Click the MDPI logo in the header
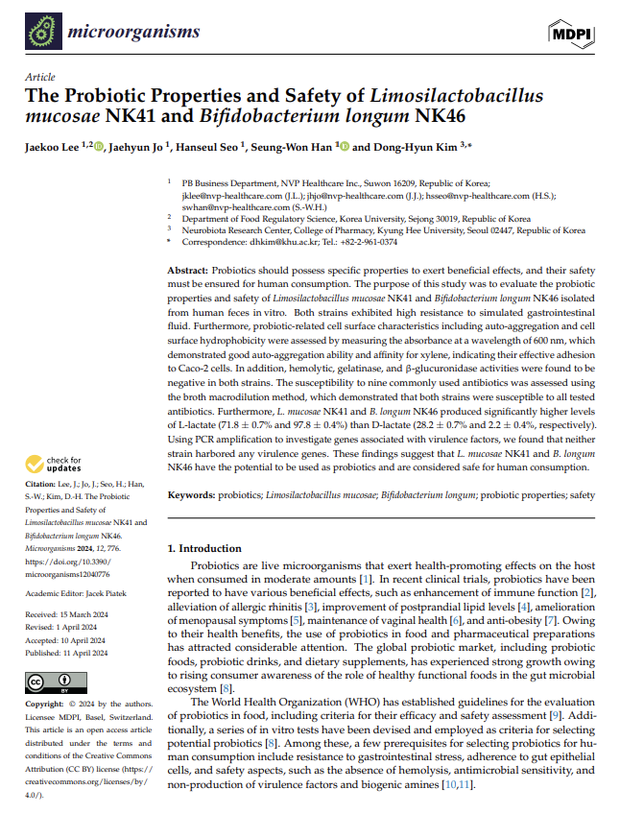[x=571, y=34]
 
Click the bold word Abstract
[x=189, y=273]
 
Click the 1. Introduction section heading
[x=206, y=549]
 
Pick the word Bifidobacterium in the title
[x=261, y=118]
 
